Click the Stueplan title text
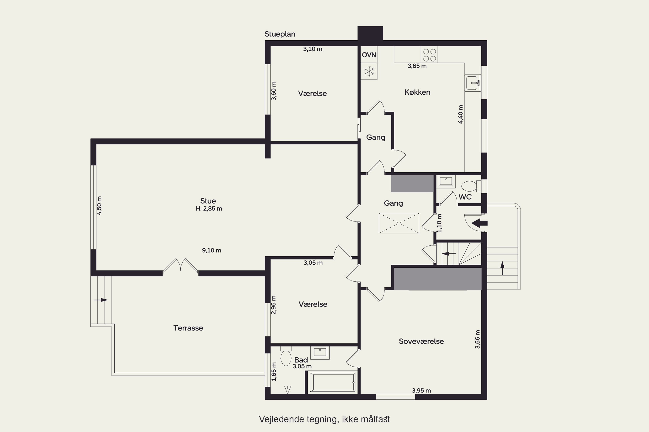coord(280,34)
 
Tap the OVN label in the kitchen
coord(369,55)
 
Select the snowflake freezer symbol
coord(369,71)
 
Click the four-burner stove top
coord(429,55)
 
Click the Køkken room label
coord(417,92)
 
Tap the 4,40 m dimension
coord(461,114)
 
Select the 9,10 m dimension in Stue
coord(212,250)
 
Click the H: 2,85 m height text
coord(209,209)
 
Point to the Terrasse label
coord(188,328)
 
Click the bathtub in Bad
coord(332,382)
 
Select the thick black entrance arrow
coord(479,223)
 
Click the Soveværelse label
coord(421,341)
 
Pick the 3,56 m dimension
coord(477,339)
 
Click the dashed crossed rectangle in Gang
coord(399,223)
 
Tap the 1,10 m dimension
coord(439,223)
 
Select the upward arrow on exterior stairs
coord(502,268)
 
